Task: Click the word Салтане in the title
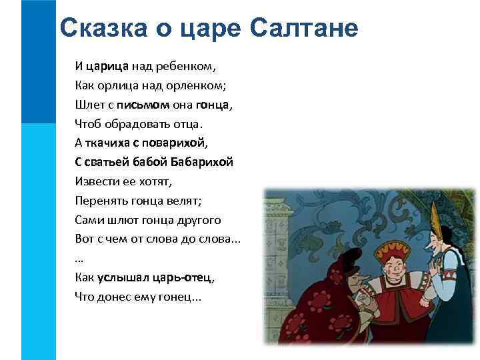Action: tap(305, 28)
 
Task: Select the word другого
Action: tap(195, 219)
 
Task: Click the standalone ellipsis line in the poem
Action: tap(79, 257)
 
